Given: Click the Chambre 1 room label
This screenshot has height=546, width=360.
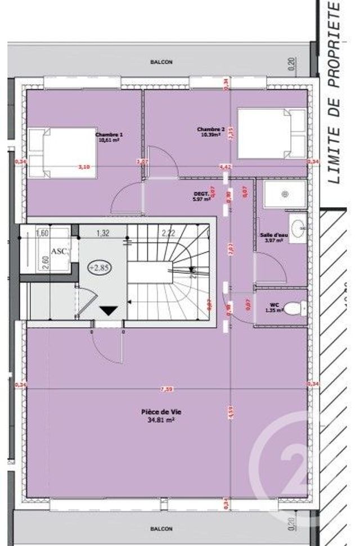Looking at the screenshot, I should pos(109,135).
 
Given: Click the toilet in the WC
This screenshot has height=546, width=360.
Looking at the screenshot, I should pos(294,308).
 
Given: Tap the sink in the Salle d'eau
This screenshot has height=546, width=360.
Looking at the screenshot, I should pos(300,226).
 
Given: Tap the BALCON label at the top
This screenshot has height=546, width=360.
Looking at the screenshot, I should pos(161,62).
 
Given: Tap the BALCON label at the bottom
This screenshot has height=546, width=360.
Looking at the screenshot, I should pos(161,529).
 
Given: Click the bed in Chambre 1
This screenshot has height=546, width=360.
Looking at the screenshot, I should pos(62,152).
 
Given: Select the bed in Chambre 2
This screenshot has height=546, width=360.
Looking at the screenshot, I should pos(272,134).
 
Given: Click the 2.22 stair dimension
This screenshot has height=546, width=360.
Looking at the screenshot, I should pos(168,232).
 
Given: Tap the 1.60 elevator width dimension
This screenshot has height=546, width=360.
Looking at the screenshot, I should pos(40,232).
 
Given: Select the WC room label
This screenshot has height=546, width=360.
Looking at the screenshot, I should pos(274,305).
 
